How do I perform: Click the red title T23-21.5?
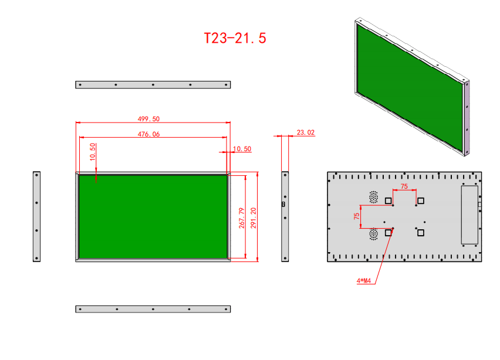click(x=235, y=38)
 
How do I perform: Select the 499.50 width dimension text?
click(x=148, y=119)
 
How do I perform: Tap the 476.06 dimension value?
click(x=148, y=134)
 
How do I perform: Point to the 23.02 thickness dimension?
click(x=306, y=132)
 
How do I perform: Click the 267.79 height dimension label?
click(x=242, y=218)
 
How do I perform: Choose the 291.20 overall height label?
click(x=253, y=218)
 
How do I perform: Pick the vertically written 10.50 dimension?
click(x=93, y=152)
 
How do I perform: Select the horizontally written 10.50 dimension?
click(x=242, y=149)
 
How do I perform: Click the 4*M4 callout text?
click(x=364, y=281)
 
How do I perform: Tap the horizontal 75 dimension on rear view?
click(x=404, y=186)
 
